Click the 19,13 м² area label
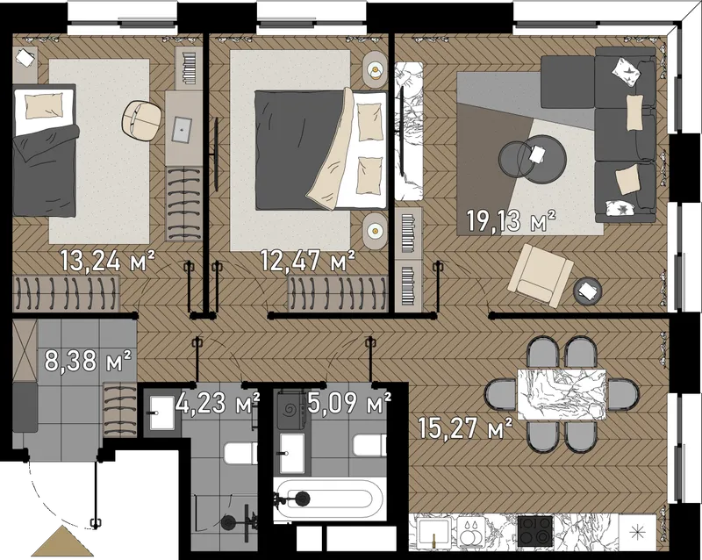pos(512,221)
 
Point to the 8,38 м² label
pos(88,362)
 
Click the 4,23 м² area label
pos(218,403)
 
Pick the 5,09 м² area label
pos(349,403)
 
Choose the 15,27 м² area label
pos(466,427)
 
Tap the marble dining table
pos(562,394)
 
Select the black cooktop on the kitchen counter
pos(535,531)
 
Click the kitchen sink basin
pos(433,532)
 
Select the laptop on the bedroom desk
pos(183,129)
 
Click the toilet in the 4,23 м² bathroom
pos(240,454)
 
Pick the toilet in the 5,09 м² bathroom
pos(369,445)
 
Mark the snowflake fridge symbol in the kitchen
pos(635,533)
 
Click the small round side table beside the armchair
pos(588,291)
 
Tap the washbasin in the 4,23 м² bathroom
pos(161,413)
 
